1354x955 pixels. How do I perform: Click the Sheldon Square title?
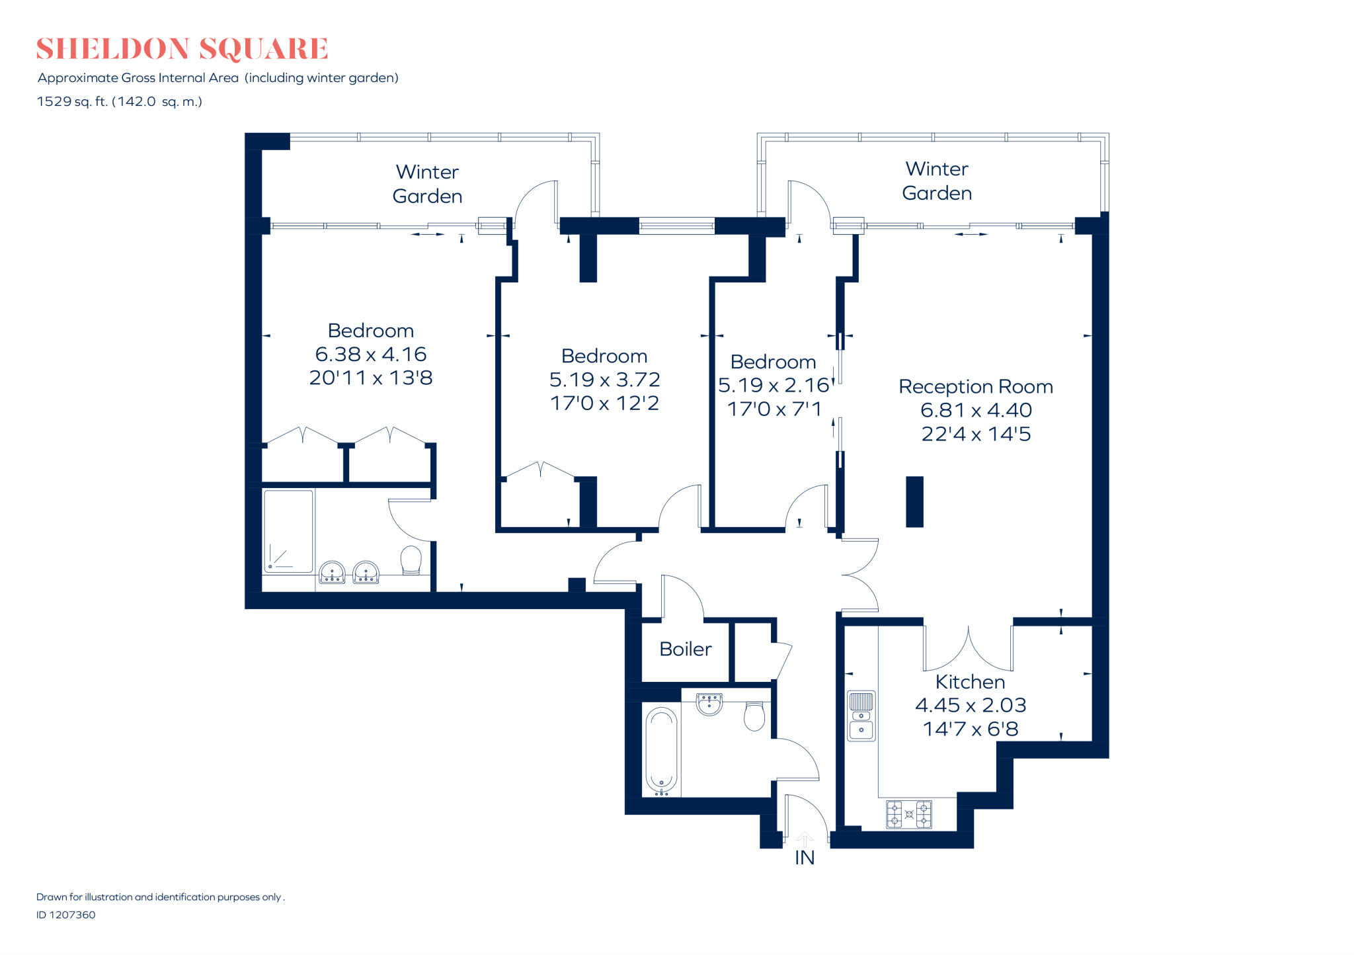182,49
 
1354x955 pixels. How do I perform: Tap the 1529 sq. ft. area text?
119,101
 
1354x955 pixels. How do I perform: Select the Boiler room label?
685,649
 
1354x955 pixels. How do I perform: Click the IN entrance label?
804,857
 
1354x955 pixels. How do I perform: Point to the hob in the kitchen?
908,814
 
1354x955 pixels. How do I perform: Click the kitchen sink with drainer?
861,716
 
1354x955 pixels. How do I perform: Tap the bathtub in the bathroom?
661,750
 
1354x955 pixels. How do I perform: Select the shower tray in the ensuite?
288,530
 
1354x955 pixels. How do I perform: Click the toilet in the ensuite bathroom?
411,560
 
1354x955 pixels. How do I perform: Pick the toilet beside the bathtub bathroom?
754,716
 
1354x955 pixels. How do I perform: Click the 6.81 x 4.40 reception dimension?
975,410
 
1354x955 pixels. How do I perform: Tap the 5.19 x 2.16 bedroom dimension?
773,385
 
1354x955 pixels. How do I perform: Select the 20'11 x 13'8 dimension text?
370,378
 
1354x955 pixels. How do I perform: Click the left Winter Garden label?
427,184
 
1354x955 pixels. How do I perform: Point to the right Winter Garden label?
936,181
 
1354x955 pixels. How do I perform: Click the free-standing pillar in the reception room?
914,501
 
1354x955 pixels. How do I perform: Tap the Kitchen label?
970,681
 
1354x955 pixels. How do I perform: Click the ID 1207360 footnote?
66,915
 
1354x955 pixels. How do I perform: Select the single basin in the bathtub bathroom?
709,704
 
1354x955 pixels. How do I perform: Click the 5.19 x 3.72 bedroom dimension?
604,380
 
